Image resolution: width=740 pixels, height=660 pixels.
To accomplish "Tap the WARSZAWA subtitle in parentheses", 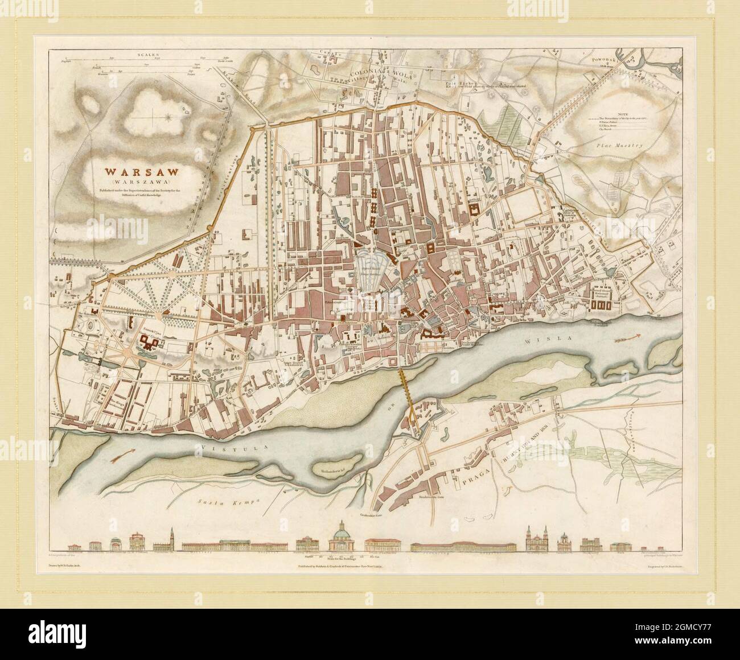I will coord(134,181).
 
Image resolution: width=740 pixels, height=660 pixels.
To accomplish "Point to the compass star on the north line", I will coord(169,118).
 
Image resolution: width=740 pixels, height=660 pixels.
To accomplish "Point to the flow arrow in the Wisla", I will coord(628,340).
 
